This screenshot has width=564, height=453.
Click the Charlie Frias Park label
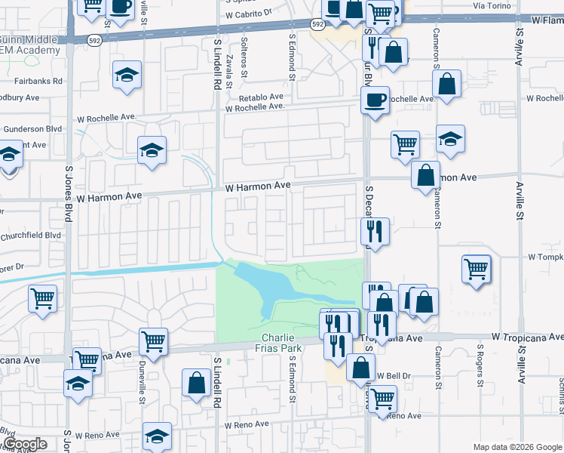(282, 343)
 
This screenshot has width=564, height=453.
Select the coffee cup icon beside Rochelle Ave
(375, 100)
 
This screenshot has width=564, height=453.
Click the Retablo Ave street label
(260, 97)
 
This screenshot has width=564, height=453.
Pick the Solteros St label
(244, 57)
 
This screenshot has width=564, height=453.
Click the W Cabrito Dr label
(249, 14)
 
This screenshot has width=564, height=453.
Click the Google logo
(24, 444)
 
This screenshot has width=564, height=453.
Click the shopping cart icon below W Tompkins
(477, 269)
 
